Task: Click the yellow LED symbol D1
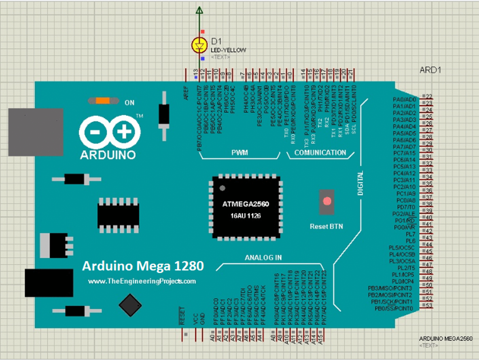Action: [200, 45]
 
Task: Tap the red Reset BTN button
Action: [327, 202]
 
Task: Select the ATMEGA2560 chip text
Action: [246, 204]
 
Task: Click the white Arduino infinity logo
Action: [110, 132]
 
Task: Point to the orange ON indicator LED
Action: [102, 101]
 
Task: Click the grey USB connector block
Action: [36, 132]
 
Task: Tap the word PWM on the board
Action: [239, 153]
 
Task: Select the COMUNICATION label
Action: [320, 153]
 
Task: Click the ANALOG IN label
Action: [263, 258]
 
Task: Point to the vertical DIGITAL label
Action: [360, 183]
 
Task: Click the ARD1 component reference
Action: [430, 70]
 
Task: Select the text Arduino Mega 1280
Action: [143, 266]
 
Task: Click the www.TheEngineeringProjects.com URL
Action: [142, 281]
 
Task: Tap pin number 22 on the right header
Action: [428, 97]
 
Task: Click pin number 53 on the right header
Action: [428, 306]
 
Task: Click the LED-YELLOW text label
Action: [229, 50]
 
